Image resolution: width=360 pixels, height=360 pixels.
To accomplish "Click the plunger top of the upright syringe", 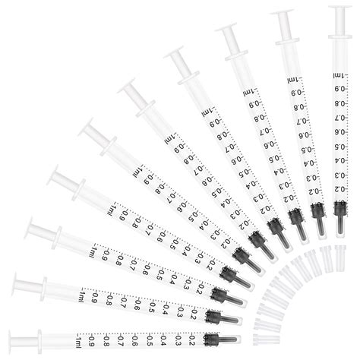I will pyautogui.click(x=341, y=8).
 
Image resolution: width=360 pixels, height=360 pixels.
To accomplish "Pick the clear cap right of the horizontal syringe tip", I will pyautogui.click(x=263, y=339).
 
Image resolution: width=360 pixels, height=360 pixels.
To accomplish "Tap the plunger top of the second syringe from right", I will pyautogui.click(x=283, y=14).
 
